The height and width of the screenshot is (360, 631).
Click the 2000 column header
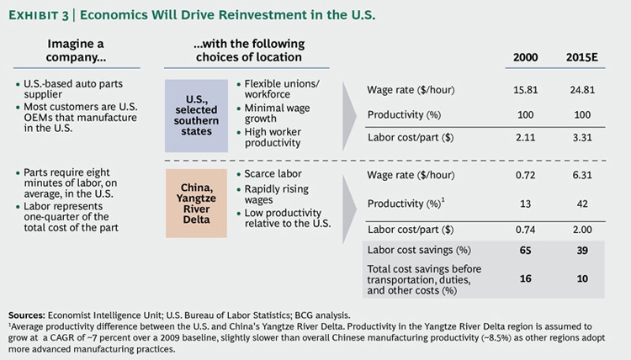tap(526, 57)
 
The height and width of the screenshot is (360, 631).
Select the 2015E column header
tap(584, 57)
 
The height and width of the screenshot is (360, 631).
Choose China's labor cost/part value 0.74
tap(526, 227)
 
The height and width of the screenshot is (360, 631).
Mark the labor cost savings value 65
tap(526, 250)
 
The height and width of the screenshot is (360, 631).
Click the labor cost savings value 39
tap(584, 250)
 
